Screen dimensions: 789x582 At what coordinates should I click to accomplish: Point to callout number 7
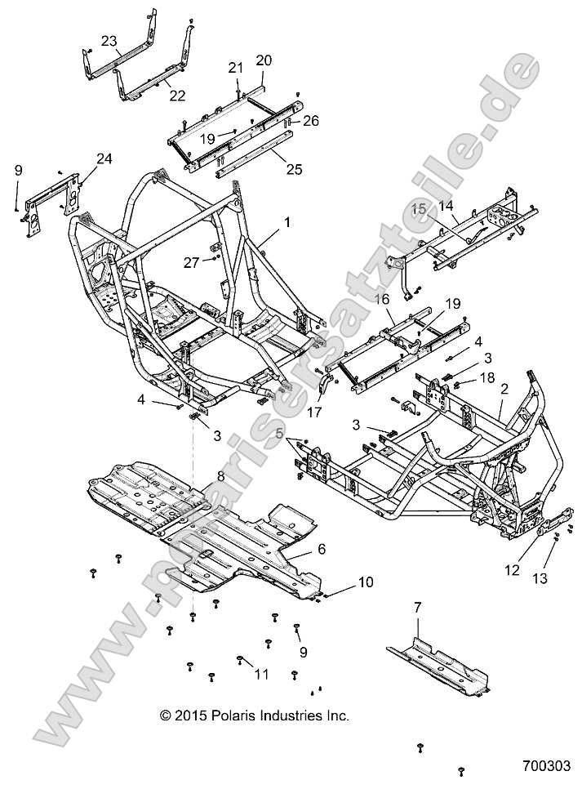[x=417, y=607]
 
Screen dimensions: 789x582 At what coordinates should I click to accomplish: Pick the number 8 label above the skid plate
[x=220, y=476]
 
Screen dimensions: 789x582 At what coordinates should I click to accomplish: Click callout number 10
[x=365, y=582]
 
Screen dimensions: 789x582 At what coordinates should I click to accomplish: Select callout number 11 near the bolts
[x=261, y=674]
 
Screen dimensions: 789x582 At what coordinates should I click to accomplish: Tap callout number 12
[x=512, y=571]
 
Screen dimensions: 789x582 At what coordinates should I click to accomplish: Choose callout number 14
[x=446, y=208]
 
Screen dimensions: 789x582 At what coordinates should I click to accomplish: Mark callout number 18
[x=487, y=377]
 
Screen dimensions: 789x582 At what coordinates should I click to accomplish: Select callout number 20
[x=264, y=60]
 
